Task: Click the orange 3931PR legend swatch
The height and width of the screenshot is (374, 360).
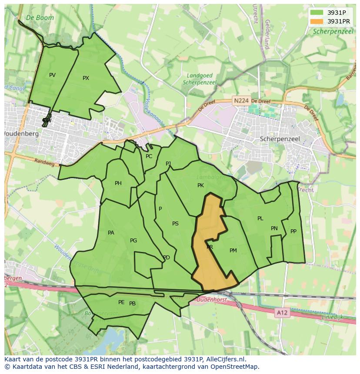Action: click(x=317, y=21)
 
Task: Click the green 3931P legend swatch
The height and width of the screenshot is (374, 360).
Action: click(x=317, y=13)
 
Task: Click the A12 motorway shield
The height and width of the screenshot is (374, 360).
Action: click(x=282, y=312)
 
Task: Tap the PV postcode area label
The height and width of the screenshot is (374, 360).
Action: click(x=52, y=75)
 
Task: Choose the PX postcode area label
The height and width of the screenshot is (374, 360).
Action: click(x=86, y=78)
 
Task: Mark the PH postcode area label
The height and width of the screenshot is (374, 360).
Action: click(x=118, y=183)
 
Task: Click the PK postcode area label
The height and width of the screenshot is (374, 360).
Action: click(x=200, y=185)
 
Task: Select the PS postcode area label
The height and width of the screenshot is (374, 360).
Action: click(x=175, y=224)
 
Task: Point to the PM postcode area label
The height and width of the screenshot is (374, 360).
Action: click(x=233, y=251)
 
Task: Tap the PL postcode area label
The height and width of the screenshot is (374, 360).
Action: click(x=260, y=218)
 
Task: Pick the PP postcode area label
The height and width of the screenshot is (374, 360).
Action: click(x=293, y=232)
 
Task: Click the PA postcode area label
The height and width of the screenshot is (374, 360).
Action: click(x=111, y=233)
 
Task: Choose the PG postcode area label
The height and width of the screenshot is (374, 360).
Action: click(x=133, y=241)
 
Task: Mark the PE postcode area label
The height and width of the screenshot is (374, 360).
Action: click(x=121, y=302)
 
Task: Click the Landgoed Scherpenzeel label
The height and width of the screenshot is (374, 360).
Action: click(x=200, y=79)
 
